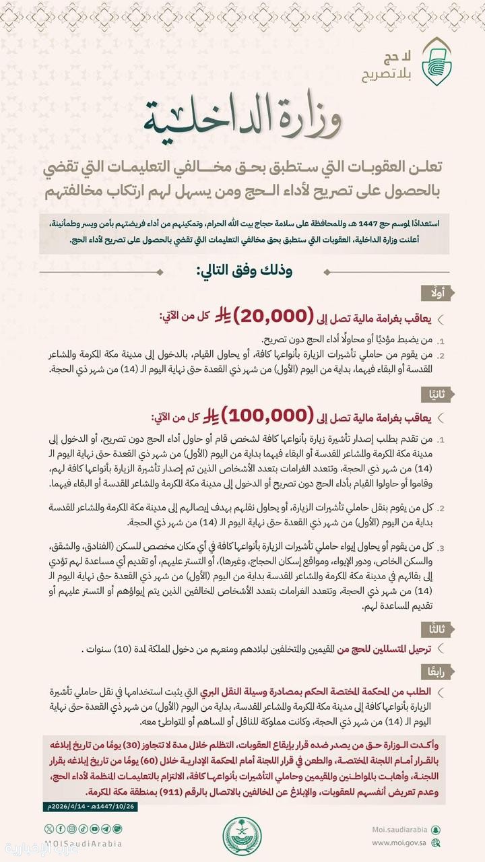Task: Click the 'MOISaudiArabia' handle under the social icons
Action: click(x=84, y=843)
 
